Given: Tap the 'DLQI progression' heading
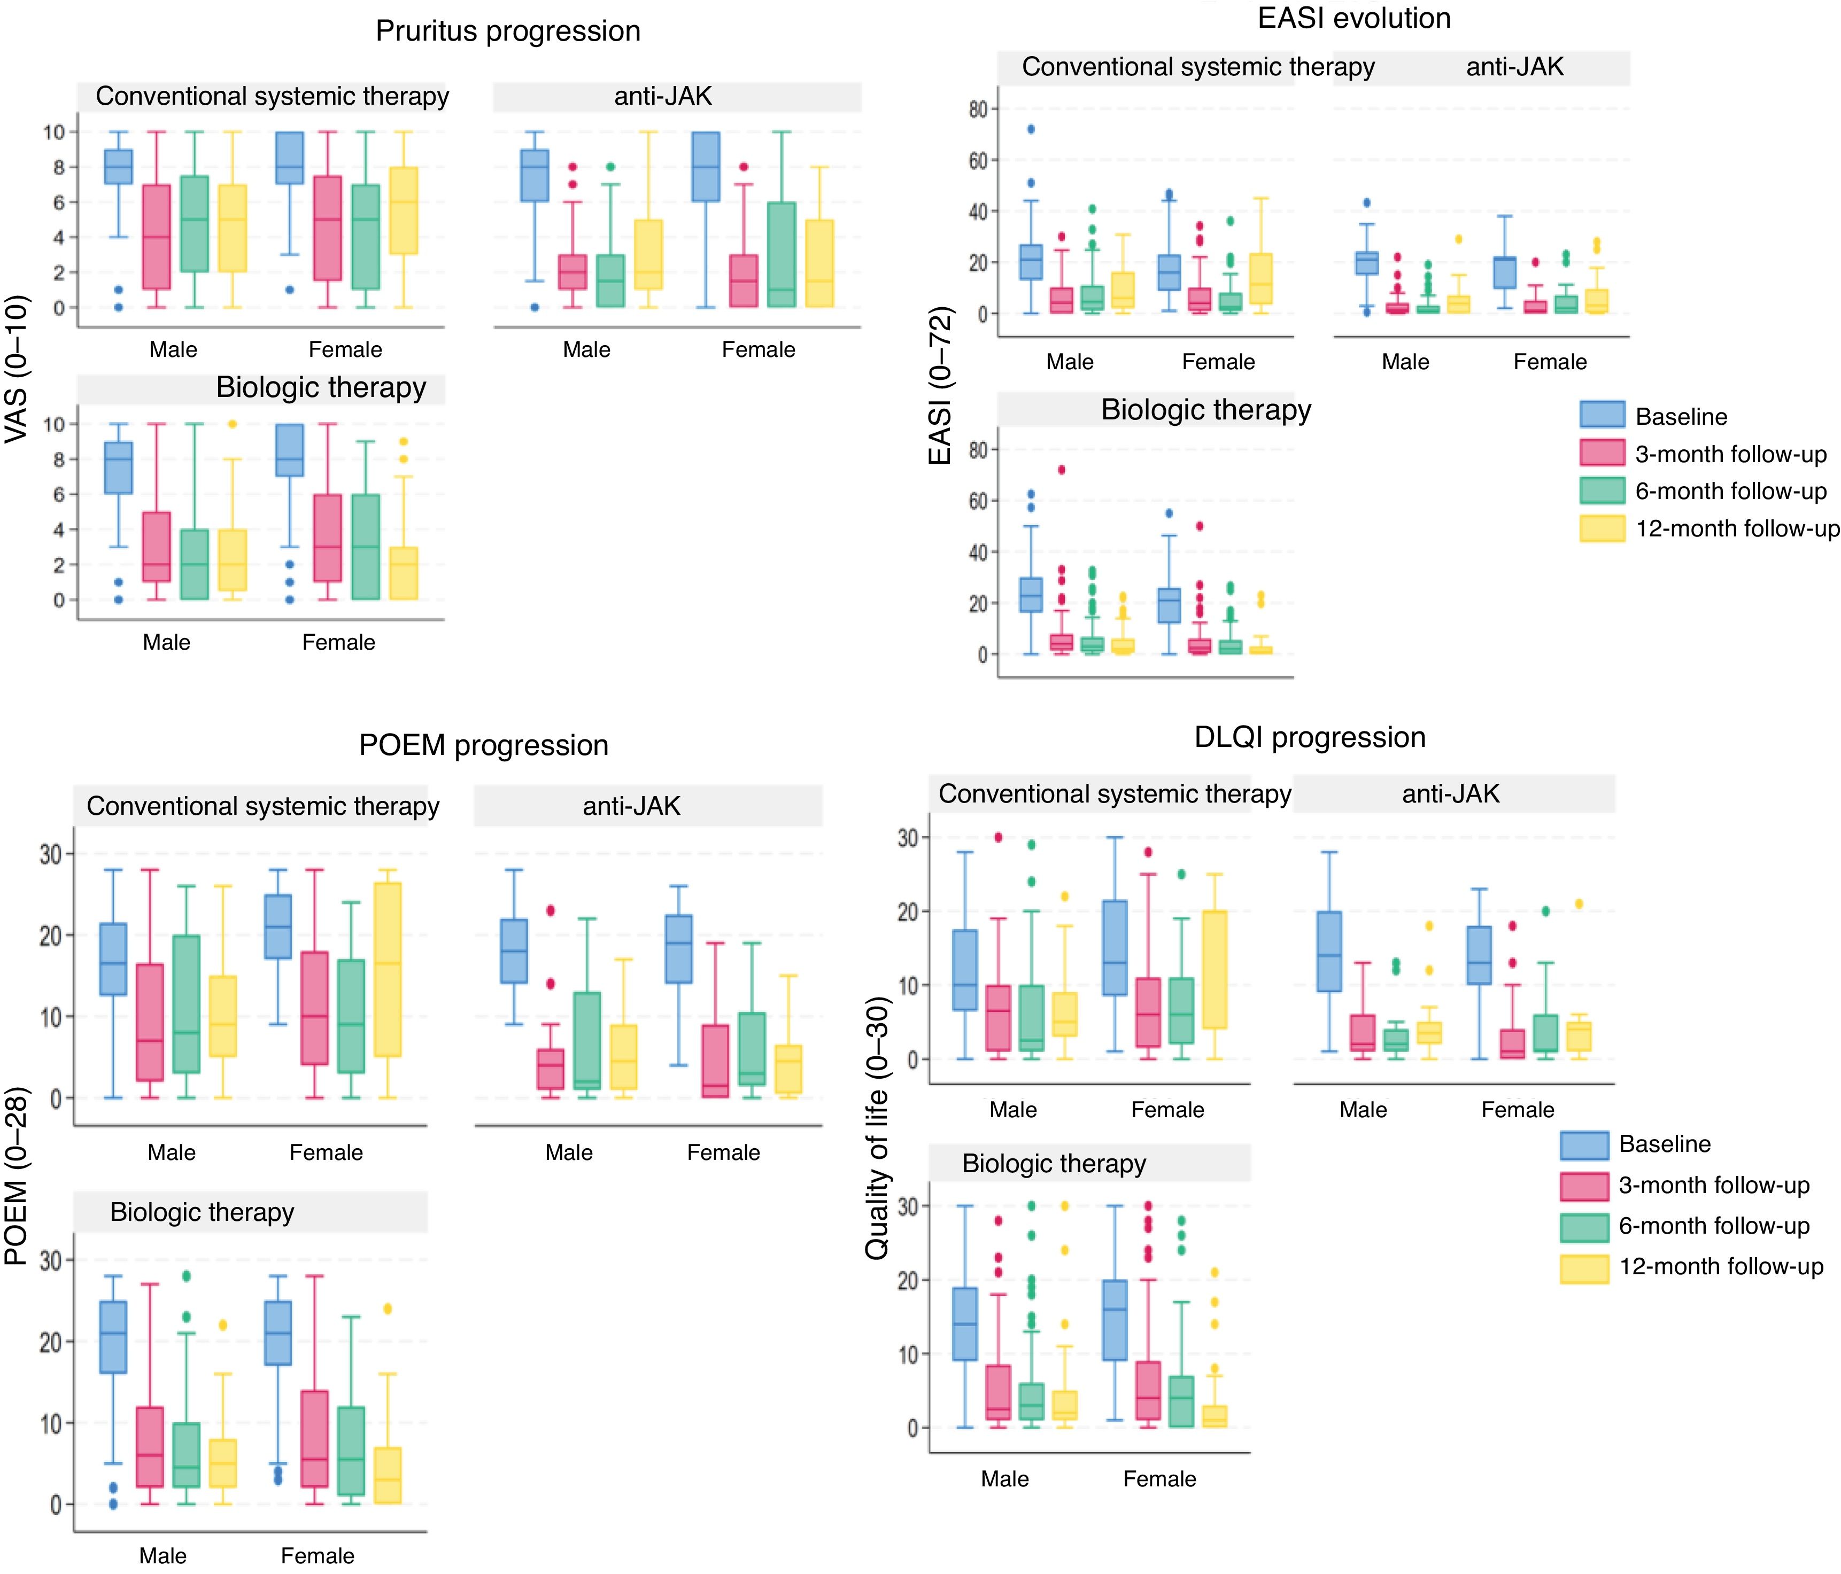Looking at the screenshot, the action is tap(1310, 737).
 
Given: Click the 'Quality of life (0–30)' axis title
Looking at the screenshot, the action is tap(877, 1128).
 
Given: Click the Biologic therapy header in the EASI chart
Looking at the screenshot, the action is tap(1206, 409).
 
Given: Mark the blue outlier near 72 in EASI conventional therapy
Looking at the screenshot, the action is tap(1031, 129).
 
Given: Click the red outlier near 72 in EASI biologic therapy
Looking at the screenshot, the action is tap(1061, 470).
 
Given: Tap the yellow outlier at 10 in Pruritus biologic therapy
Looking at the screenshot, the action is tap(233, 424).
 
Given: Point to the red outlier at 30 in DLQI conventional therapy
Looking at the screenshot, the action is tap(998, 837).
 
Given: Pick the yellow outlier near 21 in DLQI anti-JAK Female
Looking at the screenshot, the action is tap(1579, 903).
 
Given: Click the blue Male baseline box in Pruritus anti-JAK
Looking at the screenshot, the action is tap(534, 175).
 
